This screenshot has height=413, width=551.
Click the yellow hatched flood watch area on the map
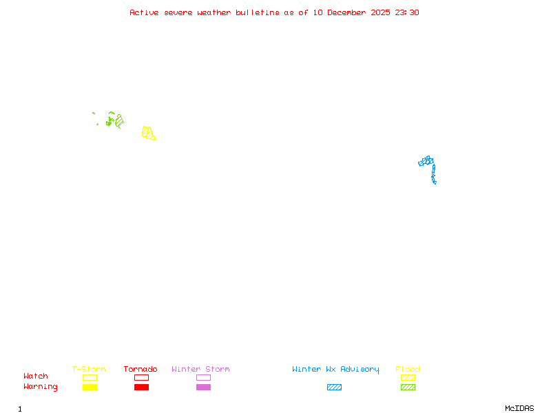(x=147, y=132)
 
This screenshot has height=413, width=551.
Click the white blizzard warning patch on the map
(x=437, y=182)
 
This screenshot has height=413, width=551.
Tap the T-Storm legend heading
(x=89, y=370)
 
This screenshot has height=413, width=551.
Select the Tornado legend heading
(x=141, y=370)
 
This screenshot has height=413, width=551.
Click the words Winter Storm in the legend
(x=200, y=370)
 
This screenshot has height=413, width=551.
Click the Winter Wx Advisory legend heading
(x=335, y=370)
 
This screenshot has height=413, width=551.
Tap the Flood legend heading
(x=408, y=370)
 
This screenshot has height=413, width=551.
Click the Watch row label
(x=36, y=377)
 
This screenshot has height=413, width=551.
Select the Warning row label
(x=41, y=387)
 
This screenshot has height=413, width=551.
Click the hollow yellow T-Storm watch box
(x=90, y=377)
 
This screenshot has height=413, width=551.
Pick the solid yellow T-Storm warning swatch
(x=90, y=388)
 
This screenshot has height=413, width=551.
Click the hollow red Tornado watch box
(x=141, y=377)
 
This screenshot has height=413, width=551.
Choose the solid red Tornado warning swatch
(x=141, y=388)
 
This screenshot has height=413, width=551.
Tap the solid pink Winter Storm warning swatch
(x=203, y=388)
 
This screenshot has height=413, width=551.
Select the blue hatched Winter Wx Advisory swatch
(x=334, y=388)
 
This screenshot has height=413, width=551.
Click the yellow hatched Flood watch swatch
(x=408, y=377)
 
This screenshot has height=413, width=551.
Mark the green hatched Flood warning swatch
(x=408, y=388)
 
